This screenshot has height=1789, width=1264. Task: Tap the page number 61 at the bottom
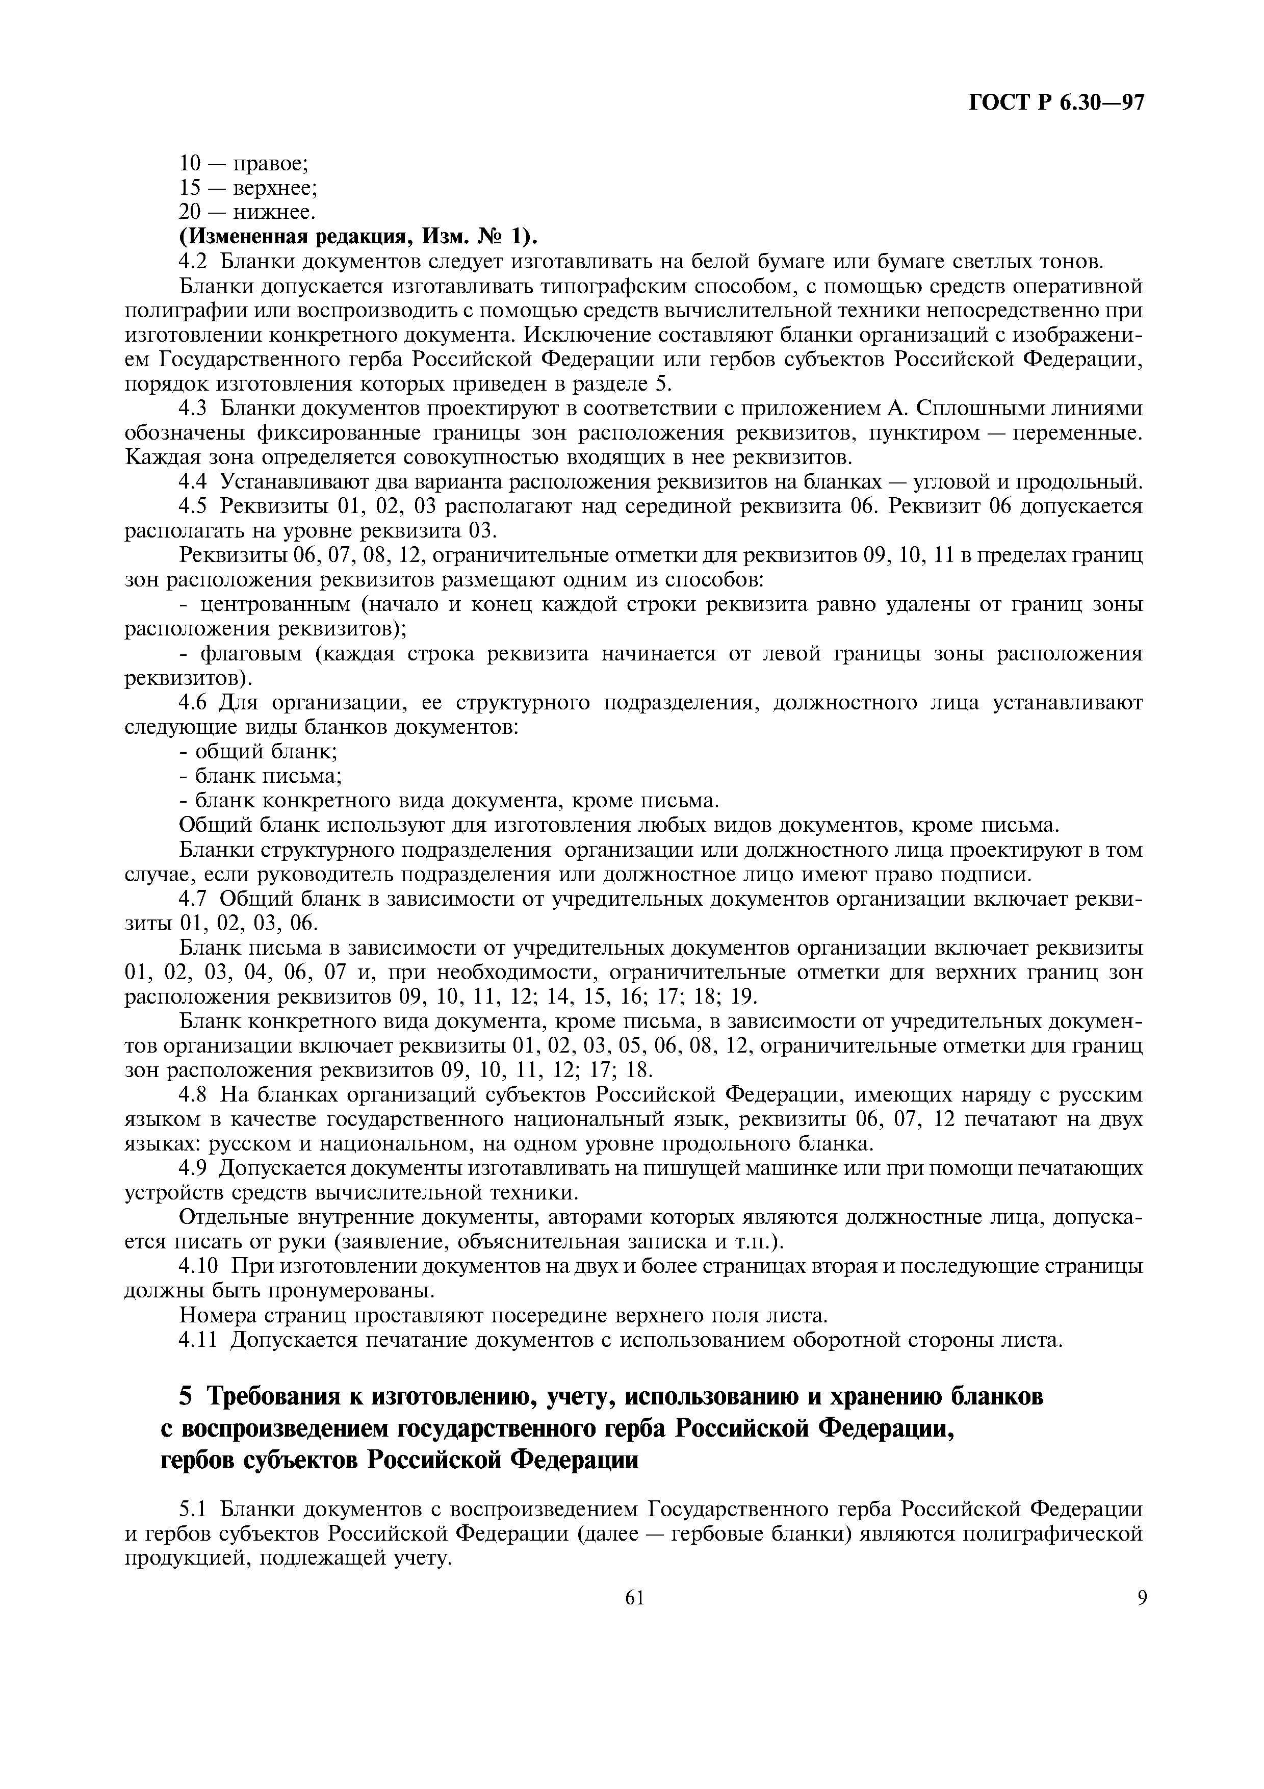click(635, 1598)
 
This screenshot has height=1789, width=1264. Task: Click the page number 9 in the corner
click(1141, 1598)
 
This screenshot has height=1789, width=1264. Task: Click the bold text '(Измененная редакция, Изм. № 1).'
click(358, 236)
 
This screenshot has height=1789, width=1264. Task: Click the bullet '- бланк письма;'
click(261, 777)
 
